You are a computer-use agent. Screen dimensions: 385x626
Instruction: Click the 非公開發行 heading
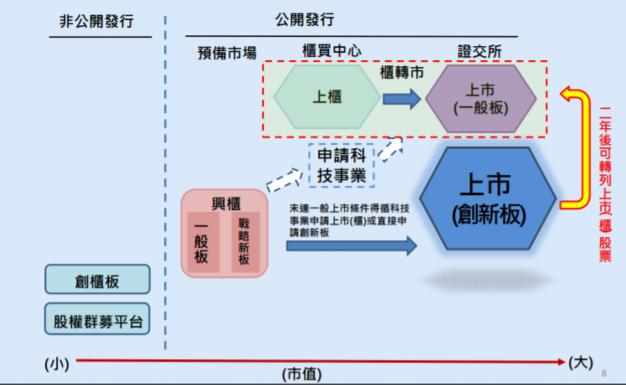(x=97, y=21)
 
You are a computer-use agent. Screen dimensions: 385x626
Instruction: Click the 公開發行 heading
(x=304, y=20)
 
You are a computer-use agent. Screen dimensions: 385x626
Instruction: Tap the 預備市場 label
(x=227, y=53)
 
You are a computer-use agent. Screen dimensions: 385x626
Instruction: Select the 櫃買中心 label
(x=331, y=51)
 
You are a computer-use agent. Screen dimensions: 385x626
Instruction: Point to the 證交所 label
(x=479, y=51)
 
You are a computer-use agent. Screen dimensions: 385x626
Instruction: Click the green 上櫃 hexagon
(x=327, y=97)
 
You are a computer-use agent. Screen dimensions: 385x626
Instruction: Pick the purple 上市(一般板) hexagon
(x=481, y=99)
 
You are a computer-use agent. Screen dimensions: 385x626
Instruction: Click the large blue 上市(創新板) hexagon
(x=488, y=199)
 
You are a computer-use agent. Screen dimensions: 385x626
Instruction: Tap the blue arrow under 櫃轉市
(x=401, y=99)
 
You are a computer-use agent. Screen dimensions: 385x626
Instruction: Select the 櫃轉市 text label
(x=401, y=73)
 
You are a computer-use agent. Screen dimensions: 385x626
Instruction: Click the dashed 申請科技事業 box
(x=341, y=165)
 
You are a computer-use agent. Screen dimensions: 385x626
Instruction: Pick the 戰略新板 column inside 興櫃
(x=244, y=242)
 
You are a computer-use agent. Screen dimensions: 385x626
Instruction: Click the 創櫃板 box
(x=97, y=280)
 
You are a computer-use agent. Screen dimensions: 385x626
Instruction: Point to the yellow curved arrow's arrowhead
(x=567, y=94)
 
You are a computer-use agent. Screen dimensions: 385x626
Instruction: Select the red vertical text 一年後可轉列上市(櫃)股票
(x=605, y=184)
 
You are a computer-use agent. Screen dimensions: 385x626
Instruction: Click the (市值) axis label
(x=302, y=374)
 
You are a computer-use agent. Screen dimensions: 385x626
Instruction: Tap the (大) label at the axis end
(x=580, y=362)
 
